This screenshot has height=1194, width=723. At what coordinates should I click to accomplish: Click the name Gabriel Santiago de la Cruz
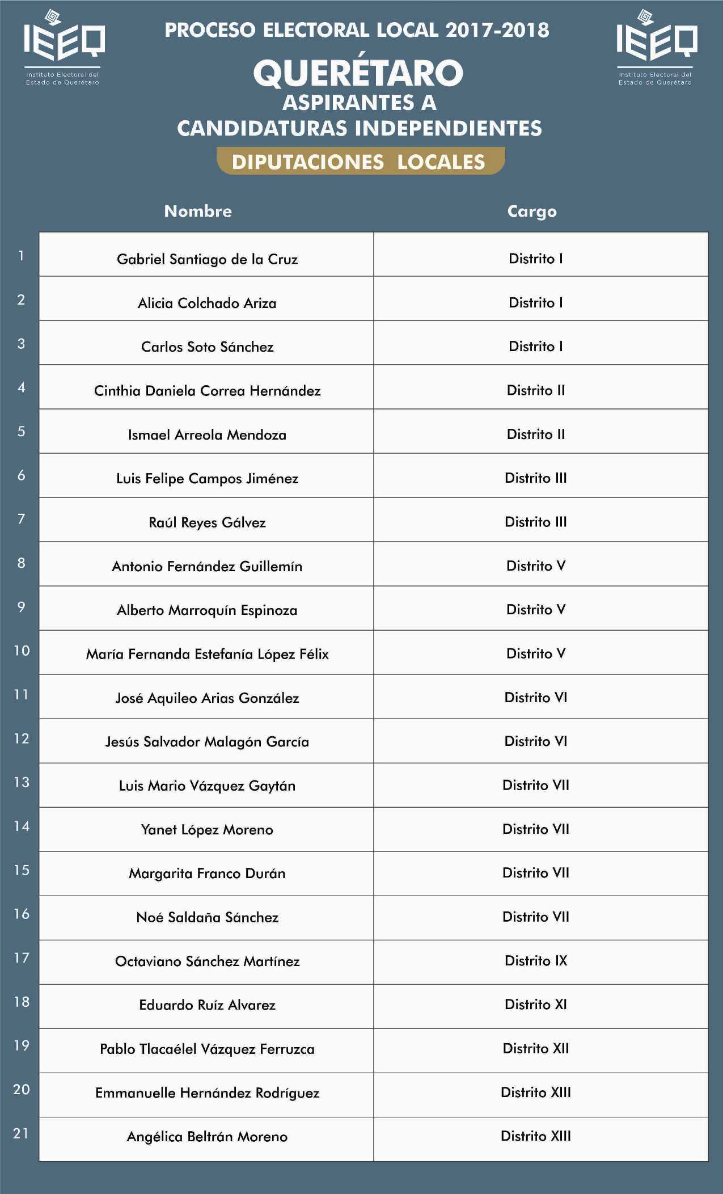(x=207, y=259)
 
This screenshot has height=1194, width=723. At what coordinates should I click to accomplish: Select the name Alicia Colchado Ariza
(x=207, y=303)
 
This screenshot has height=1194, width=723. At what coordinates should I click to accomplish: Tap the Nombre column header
(x=198, y=211)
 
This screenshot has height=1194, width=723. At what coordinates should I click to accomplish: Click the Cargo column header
(x=532, y=211)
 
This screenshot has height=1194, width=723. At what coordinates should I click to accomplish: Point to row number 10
(x=22, y=651)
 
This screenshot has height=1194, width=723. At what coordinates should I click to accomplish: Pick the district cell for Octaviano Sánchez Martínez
(x=536, y=960)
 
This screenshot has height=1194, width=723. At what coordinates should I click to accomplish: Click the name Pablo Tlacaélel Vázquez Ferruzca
(x=207, y=1049)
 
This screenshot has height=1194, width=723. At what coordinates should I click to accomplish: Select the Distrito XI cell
(x=536, y=1004)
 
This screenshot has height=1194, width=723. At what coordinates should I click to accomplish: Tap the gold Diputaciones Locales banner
(x=361, y=162)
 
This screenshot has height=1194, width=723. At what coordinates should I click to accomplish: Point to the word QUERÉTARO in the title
(x=358, y=73)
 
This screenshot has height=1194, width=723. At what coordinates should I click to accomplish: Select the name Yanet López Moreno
(x=207, y=829)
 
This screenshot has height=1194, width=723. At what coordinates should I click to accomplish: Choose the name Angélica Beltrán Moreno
(x=207, y=1136)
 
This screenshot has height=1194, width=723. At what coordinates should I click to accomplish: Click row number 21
(x=21, y=1133)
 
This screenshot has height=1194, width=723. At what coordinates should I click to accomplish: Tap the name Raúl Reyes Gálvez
(x=207, y=522)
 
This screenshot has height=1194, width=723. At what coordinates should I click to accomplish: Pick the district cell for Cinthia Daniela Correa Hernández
(x=536, y=390)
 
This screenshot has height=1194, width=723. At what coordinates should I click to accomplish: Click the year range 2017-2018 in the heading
(x=497, y=30)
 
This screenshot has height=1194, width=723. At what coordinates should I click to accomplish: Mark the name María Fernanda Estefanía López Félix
(x=207, y=654)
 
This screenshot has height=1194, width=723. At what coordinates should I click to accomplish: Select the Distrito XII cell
(x=536, y=1048)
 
